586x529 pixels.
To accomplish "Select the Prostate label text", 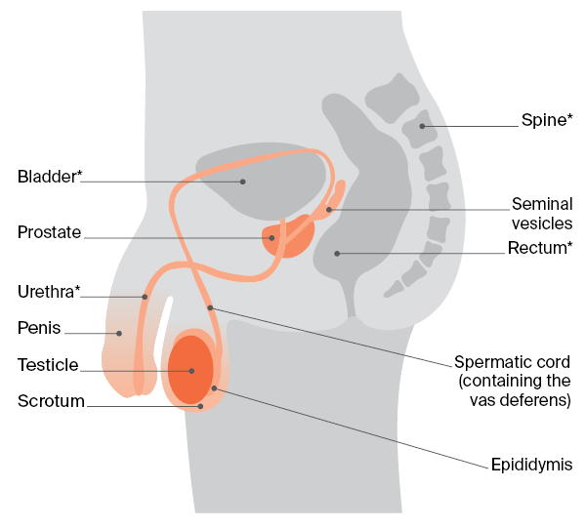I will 49,232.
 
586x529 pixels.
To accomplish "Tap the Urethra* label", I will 49,291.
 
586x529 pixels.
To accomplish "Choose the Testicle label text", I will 48,364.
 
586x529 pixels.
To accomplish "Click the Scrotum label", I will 51,400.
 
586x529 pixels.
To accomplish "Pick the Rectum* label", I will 540,248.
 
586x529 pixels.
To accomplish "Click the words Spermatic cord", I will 512,361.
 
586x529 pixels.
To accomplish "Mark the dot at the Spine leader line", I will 422,126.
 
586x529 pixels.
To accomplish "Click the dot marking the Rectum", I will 337,254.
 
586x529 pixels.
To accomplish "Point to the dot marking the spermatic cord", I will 210,307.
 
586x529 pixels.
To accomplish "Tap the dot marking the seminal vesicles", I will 329,209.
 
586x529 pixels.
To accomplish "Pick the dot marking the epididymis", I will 214,388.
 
